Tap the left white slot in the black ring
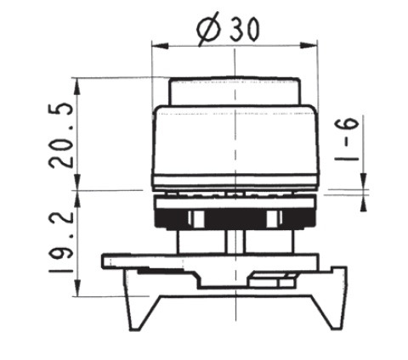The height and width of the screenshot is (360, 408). click(193, 219)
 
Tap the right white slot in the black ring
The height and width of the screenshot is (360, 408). click(273, 219)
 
